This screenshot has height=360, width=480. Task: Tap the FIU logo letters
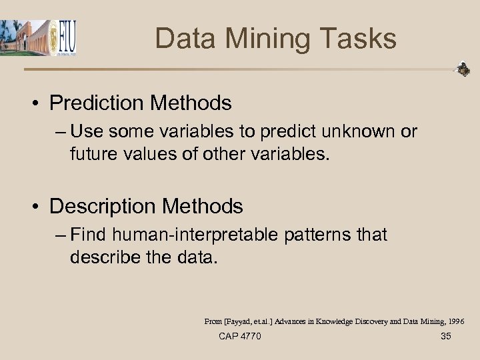tap(67, 39)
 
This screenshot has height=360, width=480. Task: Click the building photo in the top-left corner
tap(25, 37)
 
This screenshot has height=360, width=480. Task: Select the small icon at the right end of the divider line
tap(462, 69)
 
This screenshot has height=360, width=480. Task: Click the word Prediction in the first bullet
tap(97, 103)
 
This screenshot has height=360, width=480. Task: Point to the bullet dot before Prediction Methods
tap(39, 104)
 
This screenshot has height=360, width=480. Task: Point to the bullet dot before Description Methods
tap(39, 207)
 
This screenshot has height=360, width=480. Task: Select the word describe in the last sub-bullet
tap(106, 256)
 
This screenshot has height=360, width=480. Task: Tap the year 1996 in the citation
tap(453, 321)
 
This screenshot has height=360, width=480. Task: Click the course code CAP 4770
tap(240, 336)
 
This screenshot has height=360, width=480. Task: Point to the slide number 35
tap(446, 336)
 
